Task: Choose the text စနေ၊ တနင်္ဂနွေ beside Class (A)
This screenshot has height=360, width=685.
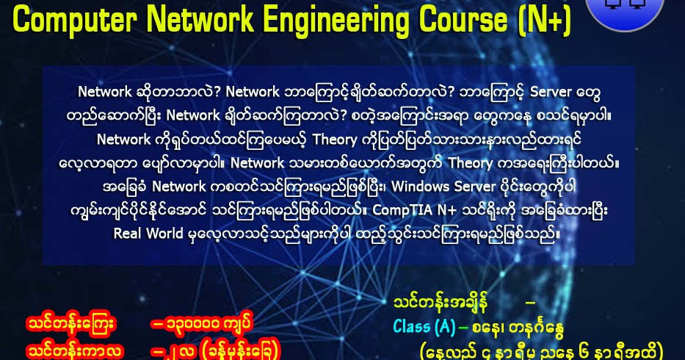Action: (518, 325)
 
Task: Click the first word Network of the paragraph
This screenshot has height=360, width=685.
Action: (105, 92)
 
